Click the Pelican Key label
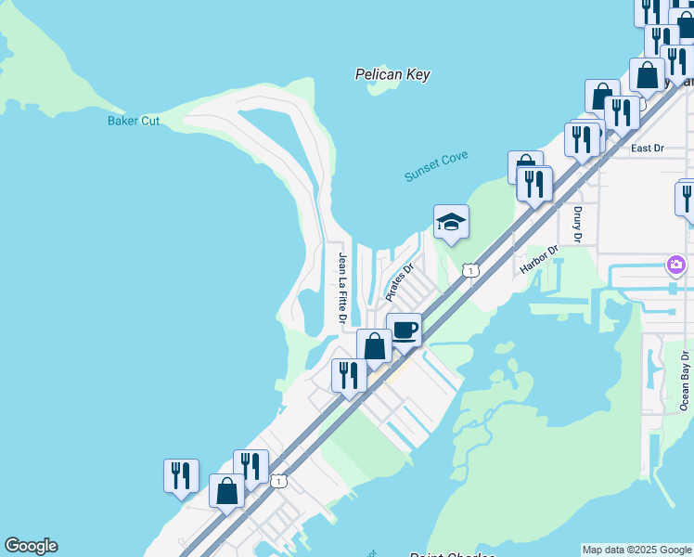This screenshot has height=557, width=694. point(392,74)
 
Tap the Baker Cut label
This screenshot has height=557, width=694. point(134,121)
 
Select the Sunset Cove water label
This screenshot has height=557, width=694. point(436,166)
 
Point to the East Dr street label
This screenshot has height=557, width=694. point(648,148)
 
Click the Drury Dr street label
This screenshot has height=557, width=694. point(577,223)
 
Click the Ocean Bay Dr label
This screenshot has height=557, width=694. point(685,380)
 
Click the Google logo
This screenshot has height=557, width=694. point(31,546)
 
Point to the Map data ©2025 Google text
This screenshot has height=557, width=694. point(636,550)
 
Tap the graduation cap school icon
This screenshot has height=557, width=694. point(451,222)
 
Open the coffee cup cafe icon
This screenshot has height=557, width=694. point(405,330)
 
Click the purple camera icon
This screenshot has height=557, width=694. point(676,266)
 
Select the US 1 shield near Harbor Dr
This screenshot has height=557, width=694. point(471,270)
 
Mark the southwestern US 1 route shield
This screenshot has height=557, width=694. point(278,481)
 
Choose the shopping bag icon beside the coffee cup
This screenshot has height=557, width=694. point(374,346)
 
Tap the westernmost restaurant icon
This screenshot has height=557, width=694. point(181,474)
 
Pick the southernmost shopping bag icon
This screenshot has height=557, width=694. point(226,490)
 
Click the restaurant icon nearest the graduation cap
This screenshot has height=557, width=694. point(534,183)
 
